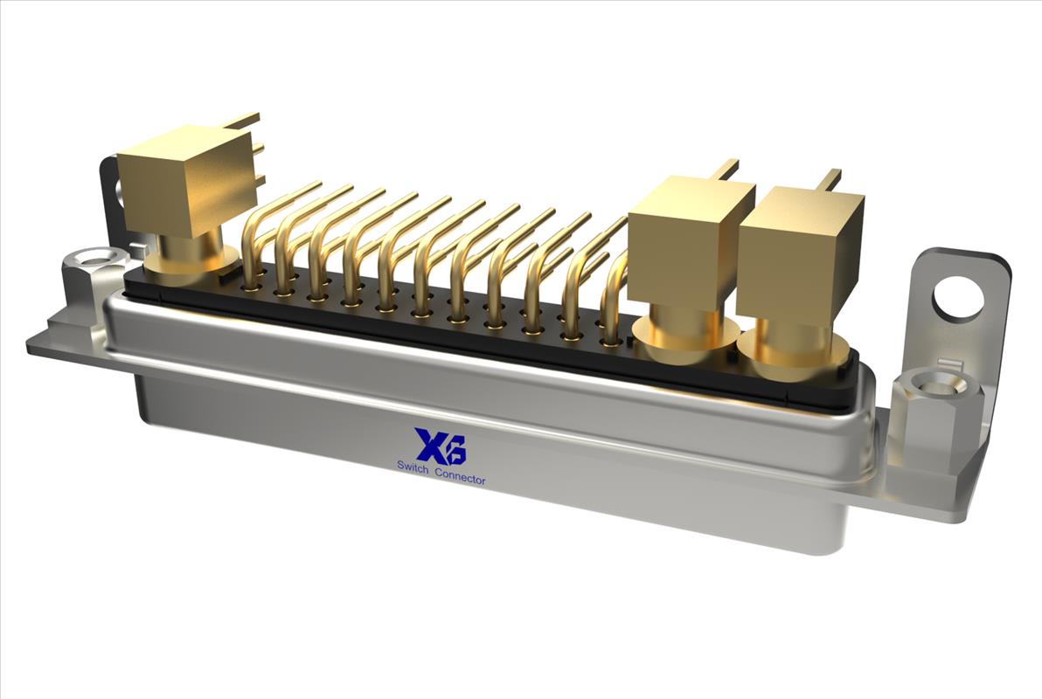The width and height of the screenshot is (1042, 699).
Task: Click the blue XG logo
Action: (441, 446)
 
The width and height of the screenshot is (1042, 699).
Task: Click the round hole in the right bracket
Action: (958, 296)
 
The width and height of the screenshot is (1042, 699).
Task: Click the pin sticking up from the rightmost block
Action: (829, 179)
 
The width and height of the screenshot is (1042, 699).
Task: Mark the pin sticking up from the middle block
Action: (725, 169)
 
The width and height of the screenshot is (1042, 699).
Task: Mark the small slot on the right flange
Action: (948, 364)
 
